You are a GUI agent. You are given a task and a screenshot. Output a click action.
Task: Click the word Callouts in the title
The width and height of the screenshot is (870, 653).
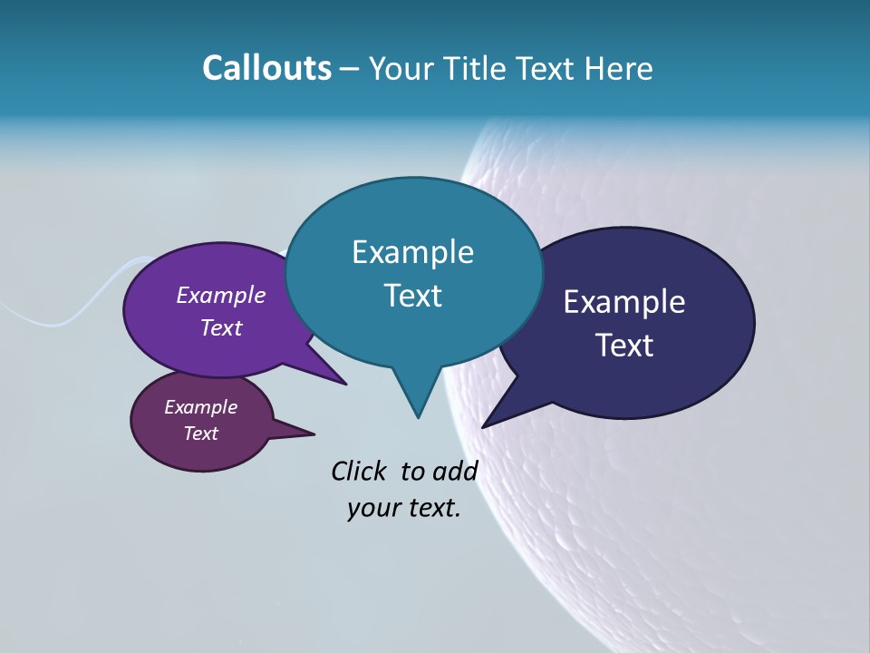[266, 68]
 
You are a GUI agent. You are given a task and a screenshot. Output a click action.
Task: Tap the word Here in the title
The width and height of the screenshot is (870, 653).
[619, 68]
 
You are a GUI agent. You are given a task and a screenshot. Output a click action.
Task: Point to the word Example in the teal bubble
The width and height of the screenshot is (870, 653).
[412, 252]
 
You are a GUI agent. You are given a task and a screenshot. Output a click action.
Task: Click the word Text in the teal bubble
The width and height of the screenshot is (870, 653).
[412, 296]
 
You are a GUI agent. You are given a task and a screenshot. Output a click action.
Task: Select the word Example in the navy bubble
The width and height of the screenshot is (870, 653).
[624, 302]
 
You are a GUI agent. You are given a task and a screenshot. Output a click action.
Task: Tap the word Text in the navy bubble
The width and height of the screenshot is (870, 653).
[624, 346]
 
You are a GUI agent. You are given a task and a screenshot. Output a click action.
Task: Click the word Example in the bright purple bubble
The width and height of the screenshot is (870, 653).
[221, 295]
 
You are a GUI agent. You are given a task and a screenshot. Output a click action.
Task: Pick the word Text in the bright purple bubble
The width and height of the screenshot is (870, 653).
[221, 327]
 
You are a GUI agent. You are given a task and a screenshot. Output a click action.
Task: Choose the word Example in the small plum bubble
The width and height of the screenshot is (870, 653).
[200, 407]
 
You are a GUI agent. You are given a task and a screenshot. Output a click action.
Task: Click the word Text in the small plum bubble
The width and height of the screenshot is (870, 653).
[200, 434]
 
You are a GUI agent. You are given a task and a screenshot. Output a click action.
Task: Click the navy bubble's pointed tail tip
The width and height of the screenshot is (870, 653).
[483, 426]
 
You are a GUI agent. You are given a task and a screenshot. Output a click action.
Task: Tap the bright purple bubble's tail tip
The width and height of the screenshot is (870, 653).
[345, 384]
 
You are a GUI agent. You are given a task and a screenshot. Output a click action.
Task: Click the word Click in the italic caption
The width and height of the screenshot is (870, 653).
[361, 471]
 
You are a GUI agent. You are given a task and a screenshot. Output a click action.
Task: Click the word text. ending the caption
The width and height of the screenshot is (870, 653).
[430, 508]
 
